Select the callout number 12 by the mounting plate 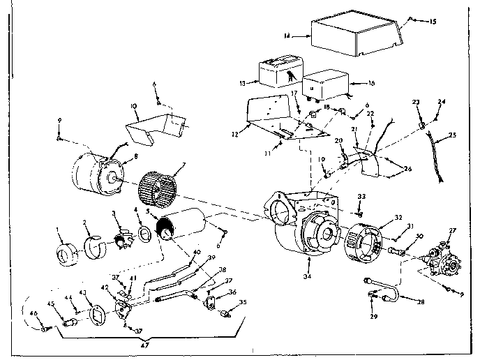click(235, 134)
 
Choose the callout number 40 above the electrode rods click(196, 252)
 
